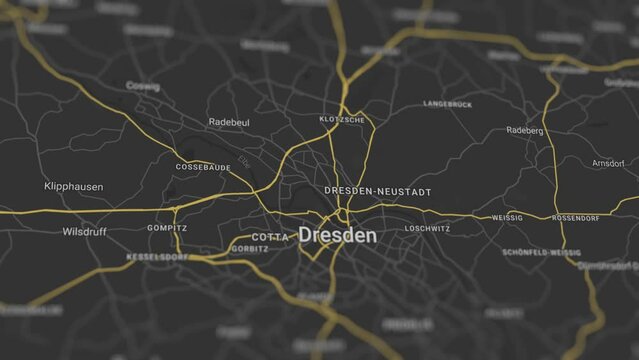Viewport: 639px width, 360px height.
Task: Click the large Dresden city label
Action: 338,236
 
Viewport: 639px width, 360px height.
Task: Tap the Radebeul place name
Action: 228,122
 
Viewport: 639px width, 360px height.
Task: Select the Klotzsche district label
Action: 342,120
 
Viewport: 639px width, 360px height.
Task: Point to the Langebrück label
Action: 447,104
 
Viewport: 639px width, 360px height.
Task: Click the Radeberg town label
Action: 525,131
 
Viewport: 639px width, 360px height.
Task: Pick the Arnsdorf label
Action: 608,163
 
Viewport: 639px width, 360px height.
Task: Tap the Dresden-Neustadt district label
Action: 378,190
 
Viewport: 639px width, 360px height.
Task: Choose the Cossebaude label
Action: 203,167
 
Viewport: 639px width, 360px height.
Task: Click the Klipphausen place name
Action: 74,187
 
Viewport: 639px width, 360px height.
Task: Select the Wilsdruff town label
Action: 84,231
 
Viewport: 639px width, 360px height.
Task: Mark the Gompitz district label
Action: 167,228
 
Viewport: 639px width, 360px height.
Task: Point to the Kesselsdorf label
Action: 157,257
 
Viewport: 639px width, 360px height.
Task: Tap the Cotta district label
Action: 270,237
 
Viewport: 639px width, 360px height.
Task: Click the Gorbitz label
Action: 249,249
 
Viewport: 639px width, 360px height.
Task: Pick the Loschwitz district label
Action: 427,229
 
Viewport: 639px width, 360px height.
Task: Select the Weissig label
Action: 507,218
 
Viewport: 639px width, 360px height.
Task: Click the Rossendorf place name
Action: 576,218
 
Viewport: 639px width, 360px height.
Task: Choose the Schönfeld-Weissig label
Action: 541,253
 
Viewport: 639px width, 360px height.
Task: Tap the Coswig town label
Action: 143,87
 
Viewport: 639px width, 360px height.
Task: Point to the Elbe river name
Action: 245,161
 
